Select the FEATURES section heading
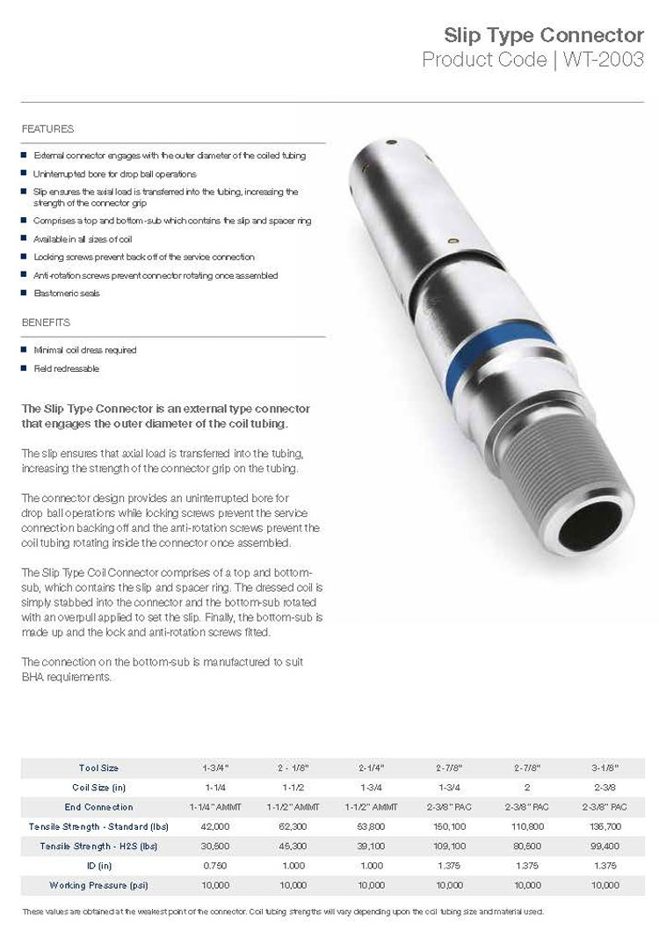click(47, 129)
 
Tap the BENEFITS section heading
click(46, 323)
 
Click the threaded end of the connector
click(562, 457)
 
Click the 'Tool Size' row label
click(98, 767)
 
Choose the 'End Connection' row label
click(98, 806)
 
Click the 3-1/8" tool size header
click(605, 767)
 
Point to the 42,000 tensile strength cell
click(215, 826)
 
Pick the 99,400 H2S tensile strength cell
click(605, 846)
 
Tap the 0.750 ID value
click(215, 865)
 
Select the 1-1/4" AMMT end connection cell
click(215, 806)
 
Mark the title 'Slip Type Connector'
click(544, 36)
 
